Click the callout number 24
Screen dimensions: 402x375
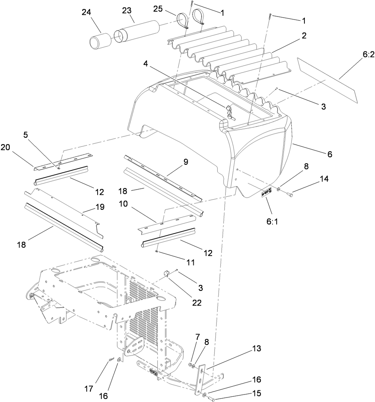pos(87,12)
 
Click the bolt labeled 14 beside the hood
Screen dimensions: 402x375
pos(289,194)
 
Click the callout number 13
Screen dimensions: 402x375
pos(256,349)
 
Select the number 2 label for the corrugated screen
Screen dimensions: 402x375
pos(304,36)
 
